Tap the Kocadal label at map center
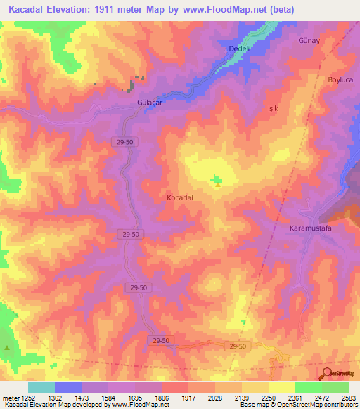179,198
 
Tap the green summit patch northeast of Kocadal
216,181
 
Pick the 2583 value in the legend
348,397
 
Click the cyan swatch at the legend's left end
41,387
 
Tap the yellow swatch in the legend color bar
281,387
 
